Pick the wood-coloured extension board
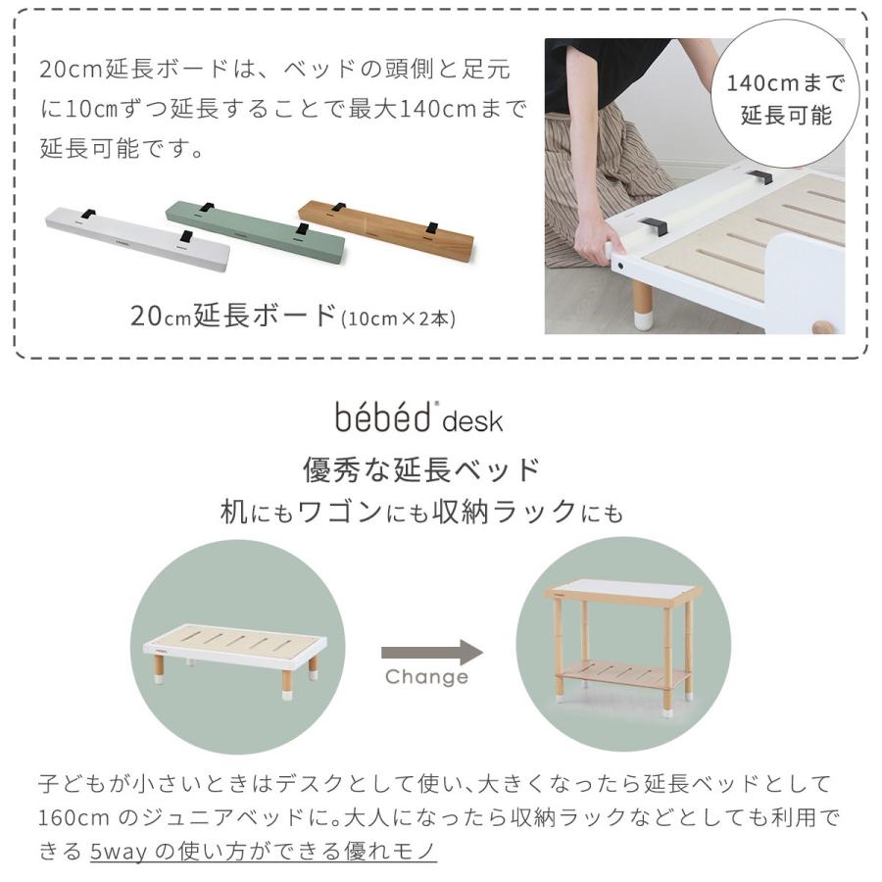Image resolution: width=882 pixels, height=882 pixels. pyautogui.click(x=387, y=230)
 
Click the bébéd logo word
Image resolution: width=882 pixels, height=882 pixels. pyautogui.click(x=384, y=416)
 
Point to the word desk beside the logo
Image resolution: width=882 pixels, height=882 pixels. pyautogui.click(x=472, y=422)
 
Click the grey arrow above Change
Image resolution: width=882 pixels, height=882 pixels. pyautogui.click(x=431, y=653)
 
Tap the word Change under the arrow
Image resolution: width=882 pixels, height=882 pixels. pyautogui.click(x=426, y=677)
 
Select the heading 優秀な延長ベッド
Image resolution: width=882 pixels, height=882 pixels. pyautogui.click(x=421, y=469)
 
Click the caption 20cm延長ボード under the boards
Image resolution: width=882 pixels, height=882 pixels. pyautogui.click(x=233, y=316)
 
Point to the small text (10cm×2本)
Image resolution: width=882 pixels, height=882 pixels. pyautogui.click(x=398, y=318)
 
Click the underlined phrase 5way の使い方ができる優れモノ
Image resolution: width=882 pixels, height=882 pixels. pyautogui.click(x=263, y=851)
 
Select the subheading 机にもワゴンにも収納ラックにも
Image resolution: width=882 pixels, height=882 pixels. pyautogui.click(x=421, y=513)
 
